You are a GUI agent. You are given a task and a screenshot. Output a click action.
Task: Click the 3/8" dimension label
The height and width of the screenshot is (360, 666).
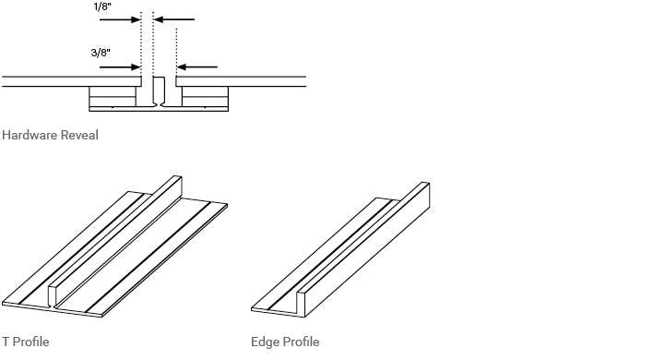[x=101, y=53]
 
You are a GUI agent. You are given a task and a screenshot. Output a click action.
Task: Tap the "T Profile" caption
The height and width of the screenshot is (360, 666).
[x=26, y=342]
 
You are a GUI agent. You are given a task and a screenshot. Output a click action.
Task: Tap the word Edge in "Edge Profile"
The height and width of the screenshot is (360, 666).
[x=264, y=342]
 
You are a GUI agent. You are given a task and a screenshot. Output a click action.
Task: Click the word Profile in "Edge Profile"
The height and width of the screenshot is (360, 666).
[x=300, y=342]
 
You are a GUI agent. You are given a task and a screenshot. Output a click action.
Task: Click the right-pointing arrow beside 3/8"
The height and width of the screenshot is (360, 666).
[x=120, y=66]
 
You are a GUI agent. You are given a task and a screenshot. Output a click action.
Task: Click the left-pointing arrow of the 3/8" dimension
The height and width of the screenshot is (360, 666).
[x=197, y=66]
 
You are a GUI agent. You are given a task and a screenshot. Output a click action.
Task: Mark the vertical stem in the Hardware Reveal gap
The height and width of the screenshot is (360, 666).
[x=159, y=90]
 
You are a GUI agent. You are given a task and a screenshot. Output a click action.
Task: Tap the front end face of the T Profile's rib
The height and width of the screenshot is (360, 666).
[x=52, y=294]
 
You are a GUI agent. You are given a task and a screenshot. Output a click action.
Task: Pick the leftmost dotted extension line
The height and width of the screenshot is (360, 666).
[x=140, y=42]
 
